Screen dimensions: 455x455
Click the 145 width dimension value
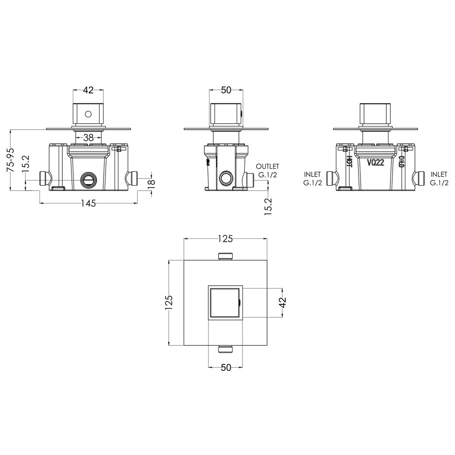pyautogui.click(x=88, y=203)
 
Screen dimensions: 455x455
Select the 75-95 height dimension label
pyautogui.click(x=11, y=161)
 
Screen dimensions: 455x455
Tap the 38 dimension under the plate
pyautogui.click(x=88, y=137)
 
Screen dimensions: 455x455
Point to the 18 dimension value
pyautogui.click(x=152, y=184)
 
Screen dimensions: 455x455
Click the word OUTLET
pyautogui.click(x=267, y=167)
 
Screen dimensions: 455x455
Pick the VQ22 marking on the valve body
pyautogui.click(x=375, y=162)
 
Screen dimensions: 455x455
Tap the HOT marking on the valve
pyautogui.click(x=349, y=162)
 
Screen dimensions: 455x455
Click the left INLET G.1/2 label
pyautogui.click(x=313, y=178)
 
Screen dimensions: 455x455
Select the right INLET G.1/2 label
pyautogui.click(x=439, y=178)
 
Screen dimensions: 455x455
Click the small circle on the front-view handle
pyautogui.click(x=88, y=114)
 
